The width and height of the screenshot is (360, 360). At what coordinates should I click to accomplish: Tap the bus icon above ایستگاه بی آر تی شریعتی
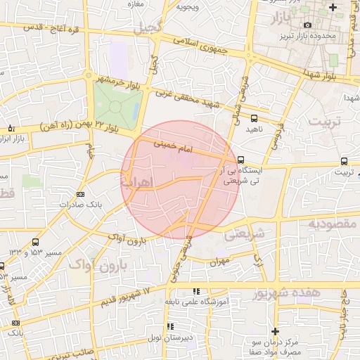[x=241, y=160]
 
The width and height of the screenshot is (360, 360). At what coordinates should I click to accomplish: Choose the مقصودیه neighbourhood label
[x=331, y=224]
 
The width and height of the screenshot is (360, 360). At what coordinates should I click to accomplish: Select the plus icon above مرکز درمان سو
[x=275, y=331]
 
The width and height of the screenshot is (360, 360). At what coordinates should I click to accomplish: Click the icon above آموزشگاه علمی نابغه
[x=197, y=290]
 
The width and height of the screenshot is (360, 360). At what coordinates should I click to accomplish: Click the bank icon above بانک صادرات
[x=80, y=194]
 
